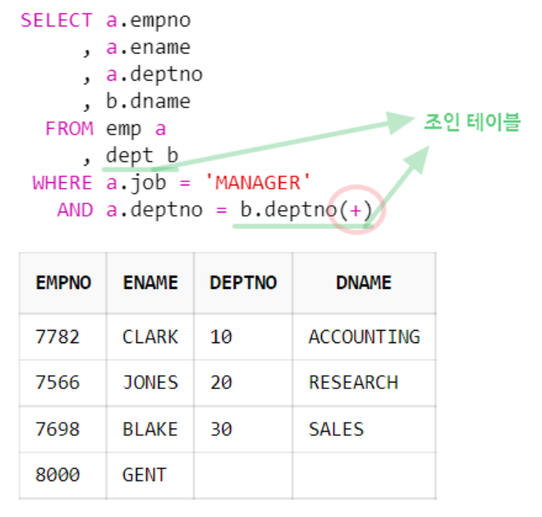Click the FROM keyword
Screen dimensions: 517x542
70,129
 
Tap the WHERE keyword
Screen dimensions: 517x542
62,182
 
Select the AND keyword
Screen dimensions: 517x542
75,210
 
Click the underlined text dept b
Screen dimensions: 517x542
141,156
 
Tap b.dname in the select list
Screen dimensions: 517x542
148,102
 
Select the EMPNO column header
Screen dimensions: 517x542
63,283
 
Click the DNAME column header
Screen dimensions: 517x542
363,283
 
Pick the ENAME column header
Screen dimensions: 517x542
149,283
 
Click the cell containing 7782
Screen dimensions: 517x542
57,336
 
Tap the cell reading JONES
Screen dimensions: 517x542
149,382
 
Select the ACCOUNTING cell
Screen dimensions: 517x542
364,336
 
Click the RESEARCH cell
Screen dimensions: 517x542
353,382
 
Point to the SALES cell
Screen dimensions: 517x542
336,429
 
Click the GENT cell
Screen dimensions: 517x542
144,475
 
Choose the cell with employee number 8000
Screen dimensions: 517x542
57,475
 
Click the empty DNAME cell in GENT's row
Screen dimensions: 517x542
363,475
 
